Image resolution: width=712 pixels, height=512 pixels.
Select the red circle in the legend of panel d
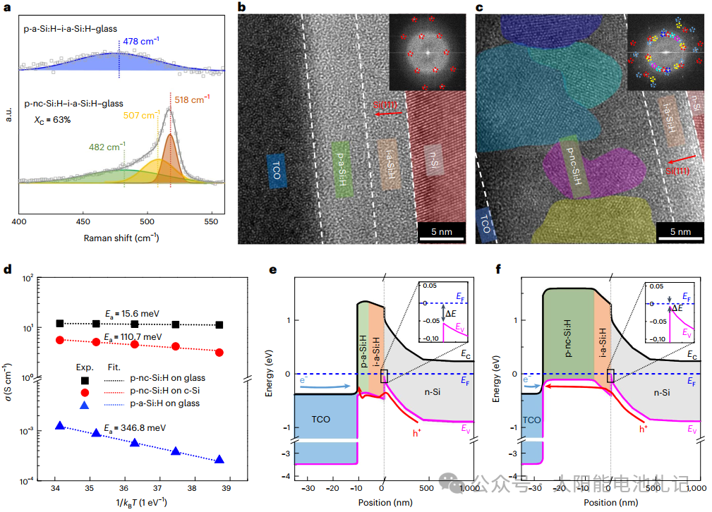click(x=84, y=391)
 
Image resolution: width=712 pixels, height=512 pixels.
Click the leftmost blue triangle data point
click(x=60, y=426)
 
